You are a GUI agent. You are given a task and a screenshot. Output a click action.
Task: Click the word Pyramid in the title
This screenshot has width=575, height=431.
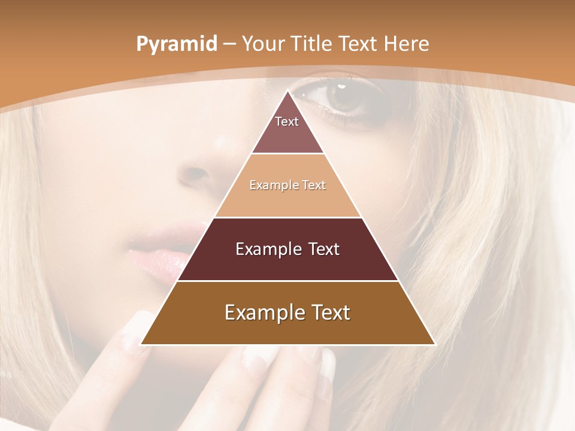(x=177, y=44)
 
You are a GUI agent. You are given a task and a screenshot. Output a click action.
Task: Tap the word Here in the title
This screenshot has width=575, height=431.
(x=407, y=44)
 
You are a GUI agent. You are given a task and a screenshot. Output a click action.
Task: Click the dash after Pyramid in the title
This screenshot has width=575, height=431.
(x=229, y=44)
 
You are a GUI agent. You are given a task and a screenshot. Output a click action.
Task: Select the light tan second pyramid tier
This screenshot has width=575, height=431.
(x=287, y=198)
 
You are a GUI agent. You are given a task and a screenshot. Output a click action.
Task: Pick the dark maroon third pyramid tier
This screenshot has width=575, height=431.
(x=287, y=263)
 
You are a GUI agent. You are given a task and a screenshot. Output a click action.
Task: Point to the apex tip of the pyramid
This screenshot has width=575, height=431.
(x=288, y=91)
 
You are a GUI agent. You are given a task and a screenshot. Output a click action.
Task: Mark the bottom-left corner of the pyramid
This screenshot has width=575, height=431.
(x=142, y=344)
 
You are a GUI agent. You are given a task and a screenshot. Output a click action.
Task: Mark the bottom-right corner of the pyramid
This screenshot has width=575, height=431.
(x=434, y=344)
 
